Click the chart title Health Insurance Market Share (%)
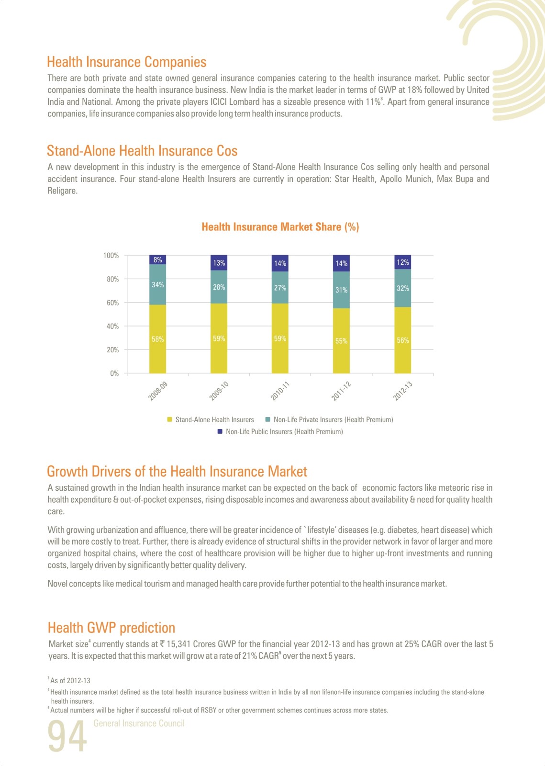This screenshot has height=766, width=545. tap(280, 227)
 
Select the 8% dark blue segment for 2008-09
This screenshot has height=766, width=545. tap(157, 259)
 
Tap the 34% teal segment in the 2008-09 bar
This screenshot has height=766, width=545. tap(157, 284)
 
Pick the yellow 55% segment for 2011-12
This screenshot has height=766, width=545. tap(341, 340)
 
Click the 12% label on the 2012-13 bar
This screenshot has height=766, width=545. tap(402, 262)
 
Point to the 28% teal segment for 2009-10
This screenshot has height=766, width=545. tap(219, 287)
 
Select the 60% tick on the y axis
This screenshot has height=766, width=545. tap(113, 303)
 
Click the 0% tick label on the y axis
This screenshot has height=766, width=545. tap(114, 373)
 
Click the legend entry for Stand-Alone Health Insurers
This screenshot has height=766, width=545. tap(211, 419)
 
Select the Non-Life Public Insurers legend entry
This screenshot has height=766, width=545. tap(280, 431)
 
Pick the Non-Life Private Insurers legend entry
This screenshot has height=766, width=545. tap(329, 419)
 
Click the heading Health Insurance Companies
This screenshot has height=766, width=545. tap(127, 62)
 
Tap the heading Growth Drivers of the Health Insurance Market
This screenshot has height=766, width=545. tap(177, 471)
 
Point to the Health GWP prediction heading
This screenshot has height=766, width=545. tap(111, 628)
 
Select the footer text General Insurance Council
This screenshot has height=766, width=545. tap(139, 723)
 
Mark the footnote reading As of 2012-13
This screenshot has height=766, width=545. tap(69, 680)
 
